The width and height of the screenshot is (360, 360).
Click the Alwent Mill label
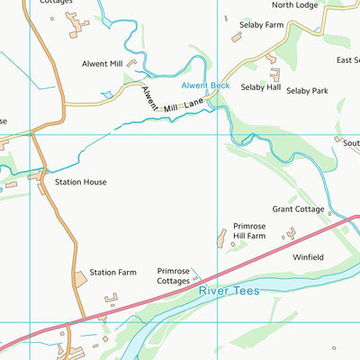click(x=102, y=64)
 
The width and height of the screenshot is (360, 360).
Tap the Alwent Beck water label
click(x=205, y=85)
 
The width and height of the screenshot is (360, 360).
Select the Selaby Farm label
click(x=263, y=25)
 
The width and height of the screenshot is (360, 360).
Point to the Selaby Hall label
click(x=261, y=89)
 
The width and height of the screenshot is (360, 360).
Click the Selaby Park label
click(x=308, y=91)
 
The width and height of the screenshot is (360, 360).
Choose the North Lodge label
click(x=294, y=4)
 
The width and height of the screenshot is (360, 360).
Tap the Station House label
click(x=80, y=182)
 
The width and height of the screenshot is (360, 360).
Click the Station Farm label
click(x=112, y=272)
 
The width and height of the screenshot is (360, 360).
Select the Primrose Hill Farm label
click(x=249, y=230)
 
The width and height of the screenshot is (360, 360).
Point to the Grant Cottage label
click(x=298, y=209)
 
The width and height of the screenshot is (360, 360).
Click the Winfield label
click(x=308, y=257)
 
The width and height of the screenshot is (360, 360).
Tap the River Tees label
click(x=228, y=290)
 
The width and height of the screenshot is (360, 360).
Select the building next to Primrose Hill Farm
click(x=220, y=237)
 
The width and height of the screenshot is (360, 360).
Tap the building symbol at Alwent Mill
click(x=131, y=64)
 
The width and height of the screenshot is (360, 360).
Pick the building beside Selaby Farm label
click(x=237, y=38)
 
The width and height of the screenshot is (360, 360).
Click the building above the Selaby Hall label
click(x=274, y=74)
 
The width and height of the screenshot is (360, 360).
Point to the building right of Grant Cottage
click(x=330, y=214)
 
